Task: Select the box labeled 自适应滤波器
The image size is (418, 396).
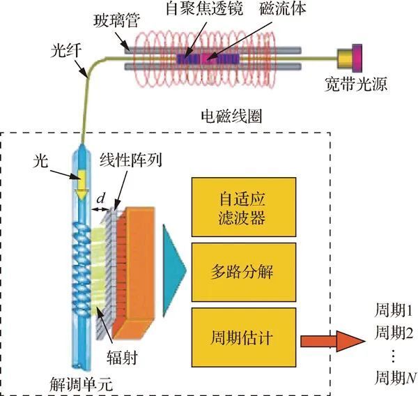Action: pyautogui.click(x=242, y=206)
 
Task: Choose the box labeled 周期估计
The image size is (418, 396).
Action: pyautogui.click(x=242, y=339)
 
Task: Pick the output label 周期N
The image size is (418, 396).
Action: pyautogui.click(x=394, y=377)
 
